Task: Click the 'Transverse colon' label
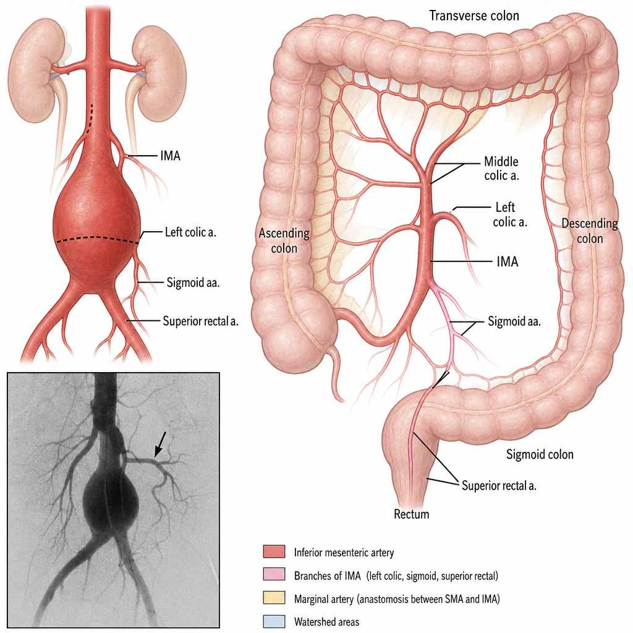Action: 474,15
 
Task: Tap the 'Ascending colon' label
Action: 284,240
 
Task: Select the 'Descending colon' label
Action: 589,231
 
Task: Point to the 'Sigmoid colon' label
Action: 540,454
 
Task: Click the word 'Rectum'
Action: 411,514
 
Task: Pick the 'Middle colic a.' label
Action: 501,168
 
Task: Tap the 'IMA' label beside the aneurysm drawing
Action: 170,156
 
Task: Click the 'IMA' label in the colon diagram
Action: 508,261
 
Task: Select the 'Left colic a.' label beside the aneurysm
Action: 190,232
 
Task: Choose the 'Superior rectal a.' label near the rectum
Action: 499,485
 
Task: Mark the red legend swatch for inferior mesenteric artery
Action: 274,551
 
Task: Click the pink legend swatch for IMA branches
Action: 274,574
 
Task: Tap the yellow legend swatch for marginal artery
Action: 274,598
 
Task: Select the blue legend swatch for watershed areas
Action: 274,621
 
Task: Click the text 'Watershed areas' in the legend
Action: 326,622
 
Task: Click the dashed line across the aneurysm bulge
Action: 97,240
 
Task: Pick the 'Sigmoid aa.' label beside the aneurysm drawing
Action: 193,283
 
